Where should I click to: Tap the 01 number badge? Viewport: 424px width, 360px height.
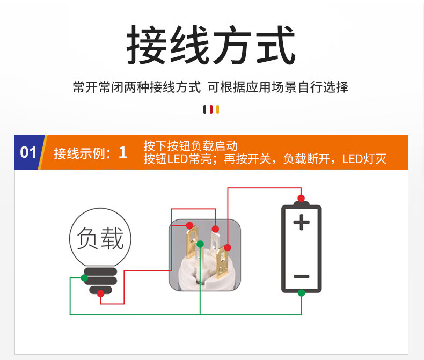28,152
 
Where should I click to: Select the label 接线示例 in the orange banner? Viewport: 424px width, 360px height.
78,153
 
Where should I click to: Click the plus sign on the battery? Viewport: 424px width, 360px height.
301,222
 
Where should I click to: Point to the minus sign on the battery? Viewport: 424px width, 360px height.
301,276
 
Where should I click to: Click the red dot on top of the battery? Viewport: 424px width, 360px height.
301,197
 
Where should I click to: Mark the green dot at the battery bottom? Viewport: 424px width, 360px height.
301,293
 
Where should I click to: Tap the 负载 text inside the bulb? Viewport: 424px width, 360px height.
100,238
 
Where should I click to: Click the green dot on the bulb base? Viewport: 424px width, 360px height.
84,277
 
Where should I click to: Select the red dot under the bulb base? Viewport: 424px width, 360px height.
100,293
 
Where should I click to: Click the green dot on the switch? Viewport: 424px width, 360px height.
200,244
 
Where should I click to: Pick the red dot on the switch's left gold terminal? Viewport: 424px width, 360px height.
189,225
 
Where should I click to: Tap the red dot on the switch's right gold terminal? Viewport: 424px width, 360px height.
228,247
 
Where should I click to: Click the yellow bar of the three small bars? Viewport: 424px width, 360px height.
217,109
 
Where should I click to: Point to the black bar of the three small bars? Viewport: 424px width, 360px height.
205,109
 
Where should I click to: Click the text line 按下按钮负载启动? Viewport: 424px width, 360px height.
191,146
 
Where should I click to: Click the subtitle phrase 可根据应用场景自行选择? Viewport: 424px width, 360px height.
278,87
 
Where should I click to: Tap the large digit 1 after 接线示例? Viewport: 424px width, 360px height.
123,152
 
